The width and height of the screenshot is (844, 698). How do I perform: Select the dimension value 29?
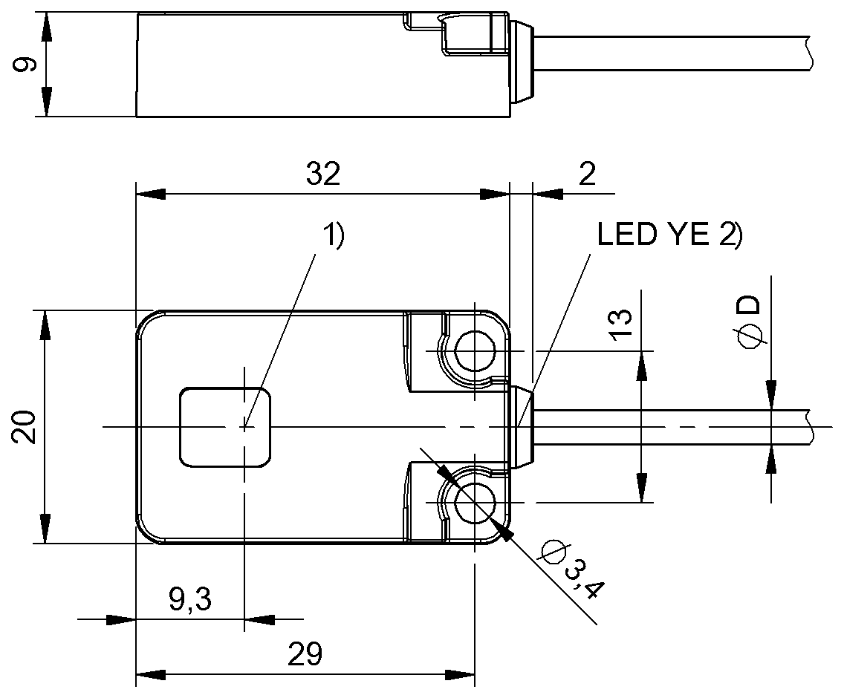click(x=305, y=655)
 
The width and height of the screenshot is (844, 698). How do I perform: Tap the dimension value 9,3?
click(x=190, y=598)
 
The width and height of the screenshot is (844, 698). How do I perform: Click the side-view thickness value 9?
click(x=25, y=65)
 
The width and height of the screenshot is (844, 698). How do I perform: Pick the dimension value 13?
click(x=620, y=324)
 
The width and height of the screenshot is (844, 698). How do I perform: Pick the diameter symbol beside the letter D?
click(x=750, y=336)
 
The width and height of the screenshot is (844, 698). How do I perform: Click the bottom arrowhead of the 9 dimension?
click(x=46, y=102)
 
